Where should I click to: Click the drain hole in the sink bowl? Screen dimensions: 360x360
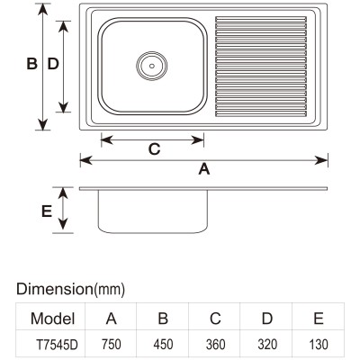click(152, 66)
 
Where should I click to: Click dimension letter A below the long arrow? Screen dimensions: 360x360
click(204, 169)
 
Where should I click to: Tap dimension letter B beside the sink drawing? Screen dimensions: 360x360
click(31, 64)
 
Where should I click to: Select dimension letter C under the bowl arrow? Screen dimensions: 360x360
click(155, 149)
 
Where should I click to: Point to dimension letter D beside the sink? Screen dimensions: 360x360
click(53, 64)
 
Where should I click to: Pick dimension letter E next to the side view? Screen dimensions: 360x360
click(47, 211)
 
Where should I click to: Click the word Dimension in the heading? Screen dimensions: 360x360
click(55, 289)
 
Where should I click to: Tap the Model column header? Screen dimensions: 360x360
click(52, 319)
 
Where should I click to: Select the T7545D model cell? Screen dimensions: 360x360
click(57, 345)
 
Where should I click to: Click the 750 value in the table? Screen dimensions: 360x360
click(112, 345)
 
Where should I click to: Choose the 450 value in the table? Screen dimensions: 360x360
click(163, 345)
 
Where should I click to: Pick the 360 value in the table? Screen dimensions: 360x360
click(215, 345)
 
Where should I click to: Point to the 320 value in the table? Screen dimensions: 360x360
click(267, 345)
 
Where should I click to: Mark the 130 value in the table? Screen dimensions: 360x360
click(319, 345)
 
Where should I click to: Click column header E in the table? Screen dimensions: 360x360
click(319, 319)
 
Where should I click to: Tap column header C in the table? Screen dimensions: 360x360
click(215, 319)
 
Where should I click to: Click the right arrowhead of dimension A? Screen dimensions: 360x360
click(321, 160)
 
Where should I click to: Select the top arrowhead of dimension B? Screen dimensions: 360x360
click(43, 9)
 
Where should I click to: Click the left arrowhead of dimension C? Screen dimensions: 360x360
click(107, 139)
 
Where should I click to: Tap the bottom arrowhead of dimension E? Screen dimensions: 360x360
click(63, 224)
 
